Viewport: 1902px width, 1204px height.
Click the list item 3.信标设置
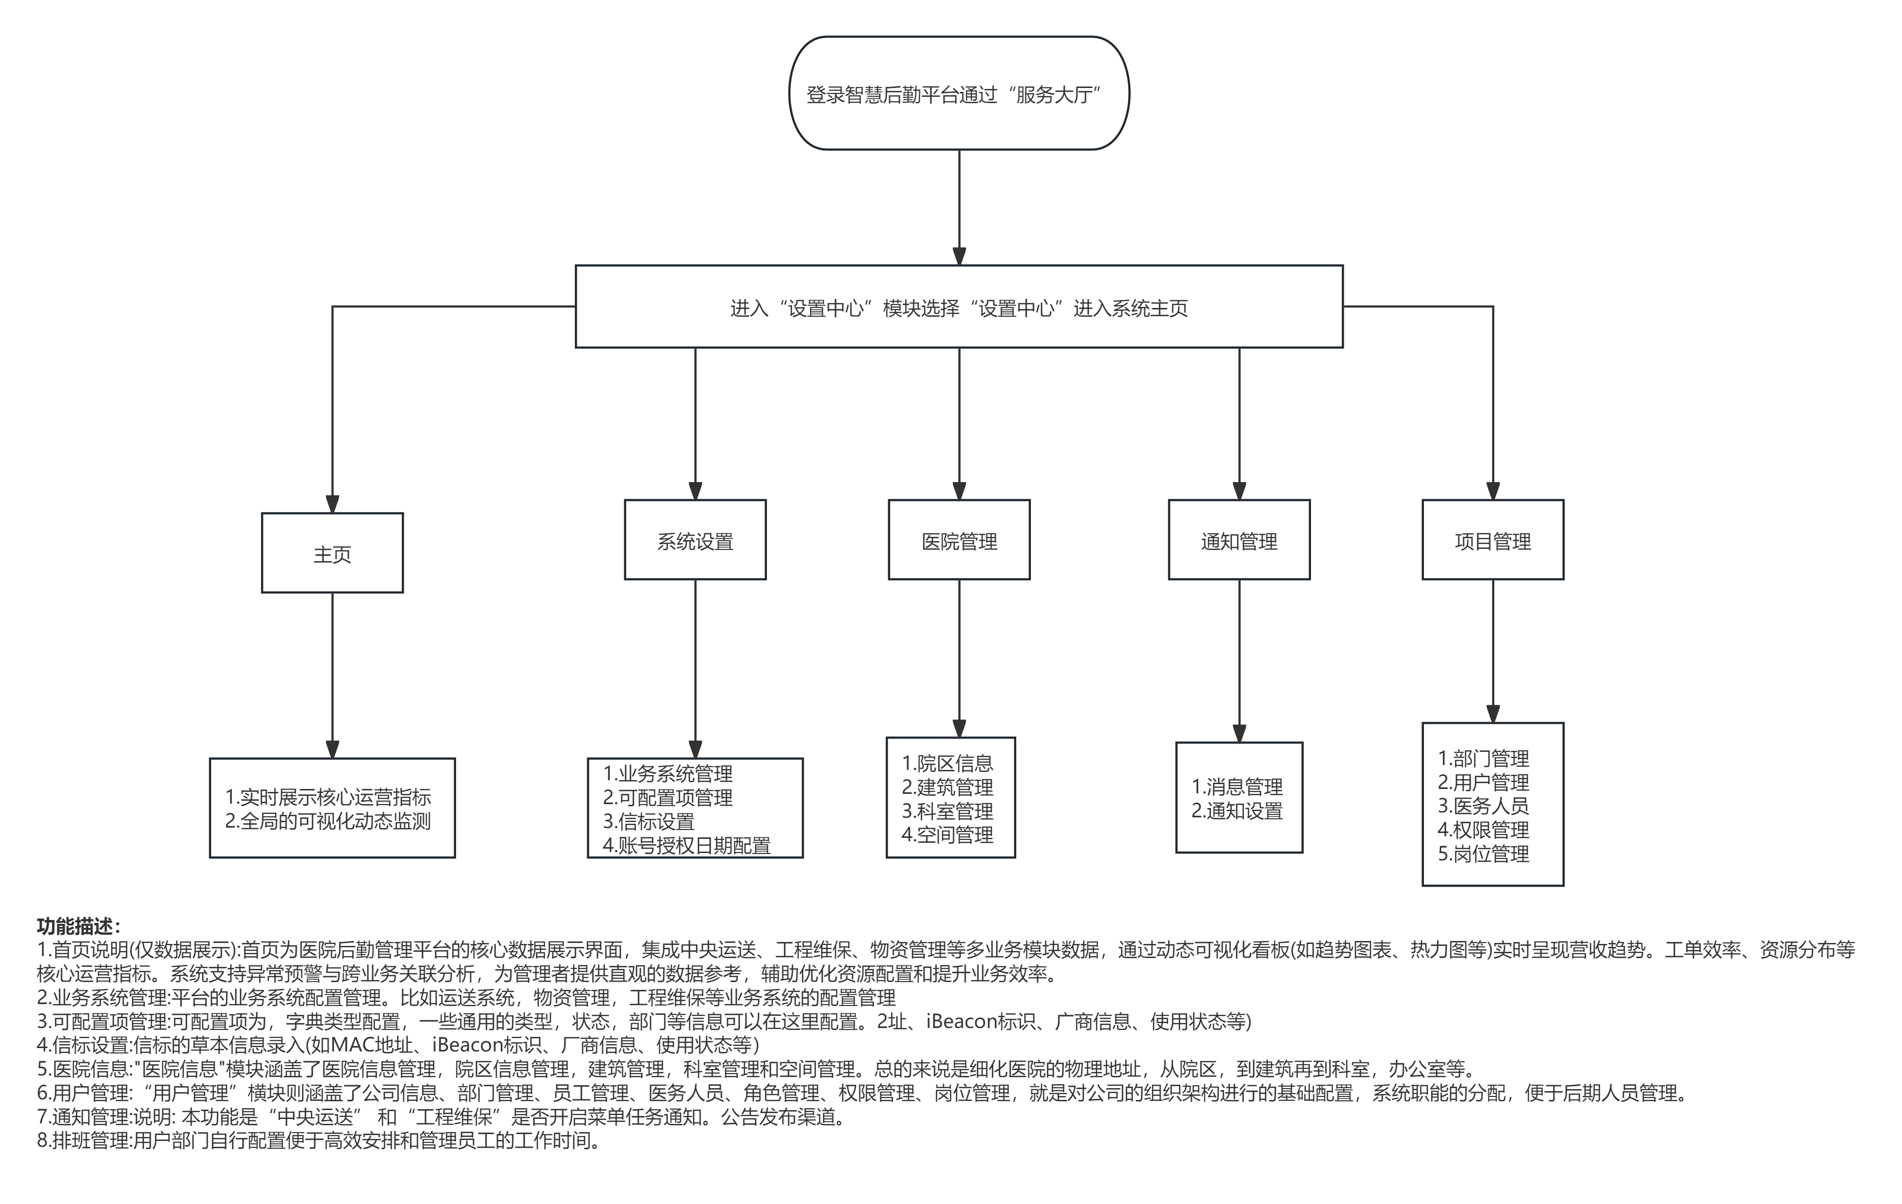click(x=649, y=822)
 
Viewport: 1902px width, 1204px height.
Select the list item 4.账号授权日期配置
click(x=686, y=845)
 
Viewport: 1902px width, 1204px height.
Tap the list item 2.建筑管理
click(x=947, y=787)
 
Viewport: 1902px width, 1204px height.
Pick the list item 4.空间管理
click(x=947, y=834)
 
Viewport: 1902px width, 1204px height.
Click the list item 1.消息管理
click(x=1237, y=787)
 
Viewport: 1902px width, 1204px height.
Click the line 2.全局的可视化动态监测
click(x=328, y=822)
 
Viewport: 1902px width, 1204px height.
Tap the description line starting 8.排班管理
click(x=319, y=1141)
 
